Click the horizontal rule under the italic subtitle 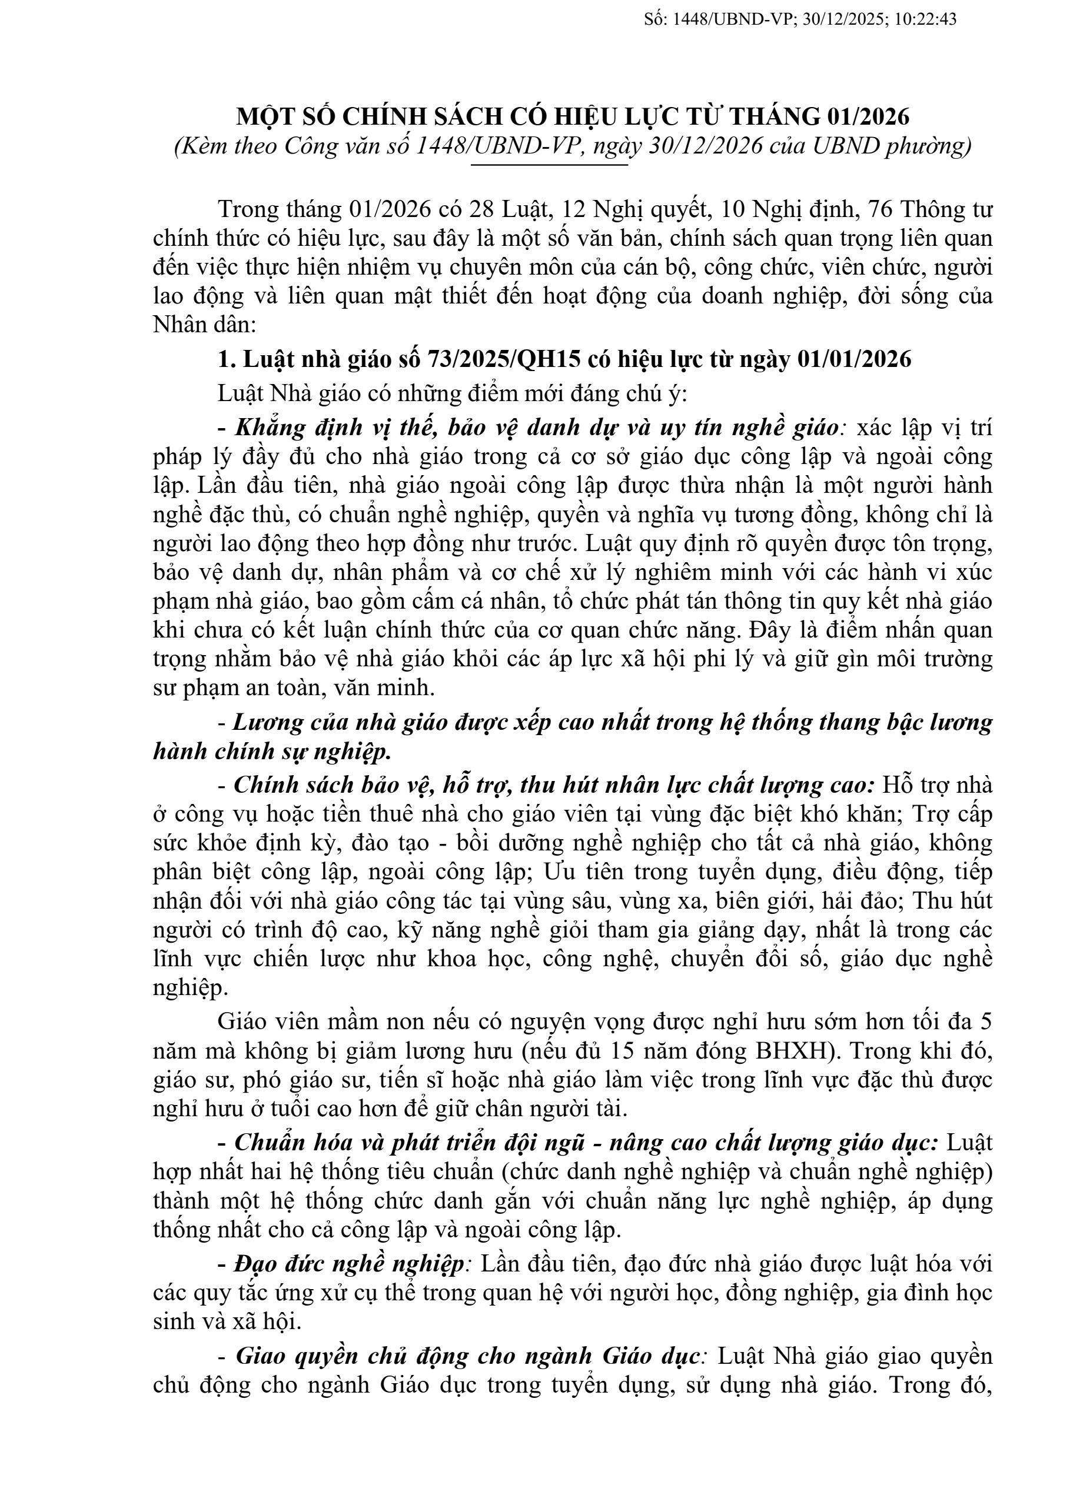[x=550, y=165]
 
